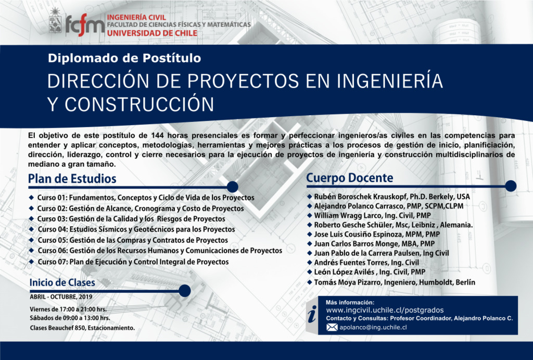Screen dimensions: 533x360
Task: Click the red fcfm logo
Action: [85, 25]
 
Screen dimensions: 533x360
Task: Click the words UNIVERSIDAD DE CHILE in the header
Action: [152, 33]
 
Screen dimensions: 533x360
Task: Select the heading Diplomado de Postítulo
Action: [124, 58]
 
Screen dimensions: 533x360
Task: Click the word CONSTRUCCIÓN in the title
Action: [139, 104]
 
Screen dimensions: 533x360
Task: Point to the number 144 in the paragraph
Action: [158, 135]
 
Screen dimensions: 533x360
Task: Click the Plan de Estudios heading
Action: [72, 179]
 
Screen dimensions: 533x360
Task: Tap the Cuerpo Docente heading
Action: [350, 178]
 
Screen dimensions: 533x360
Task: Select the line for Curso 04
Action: [136, 229]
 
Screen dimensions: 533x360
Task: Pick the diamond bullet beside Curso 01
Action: [32, 197]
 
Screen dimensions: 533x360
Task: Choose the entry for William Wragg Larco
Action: [372, 215]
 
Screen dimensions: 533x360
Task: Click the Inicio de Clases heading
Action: [62, 282]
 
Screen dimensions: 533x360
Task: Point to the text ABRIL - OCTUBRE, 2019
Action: [61, 297]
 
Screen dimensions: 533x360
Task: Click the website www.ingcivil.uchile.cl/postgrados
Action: [385, 310]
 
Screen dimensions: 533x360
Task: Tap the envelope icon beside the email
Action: [332, 327]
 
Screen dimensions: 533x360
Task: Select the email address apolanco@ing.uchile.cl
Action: [373, 327]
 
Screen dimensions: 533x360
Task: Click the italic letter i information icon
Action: [312, 314]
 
